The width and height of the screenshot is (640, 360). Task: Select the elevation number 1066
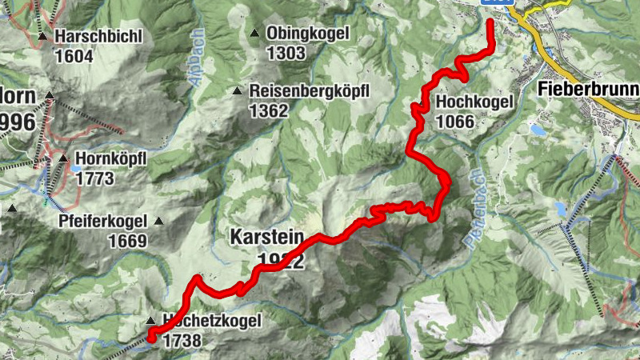pyautogui.click(x=456, y=122)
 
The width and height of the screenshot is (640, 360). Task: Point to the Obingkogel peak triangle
pyautogui.click(x=254, y=34)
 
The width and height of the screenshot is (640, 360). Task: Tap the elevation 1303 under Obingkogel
pyautogui.click(x=286, y=54)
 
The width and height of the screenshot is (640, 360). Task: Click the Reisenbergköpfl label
pyautogui.click(x=309, y=91)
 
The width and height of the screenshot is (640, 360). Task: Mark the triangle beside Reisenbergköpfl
pyautogui.click(x=237, y=91)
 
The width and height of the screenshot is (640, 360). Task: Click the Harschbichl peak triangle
pyautogui.click(x=42, y=37)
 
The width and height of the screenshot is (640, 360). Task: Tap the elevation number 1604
pyautogui.click(x=74, y=57)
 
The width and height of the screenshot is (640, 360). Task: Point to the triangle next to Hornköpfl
pyautogui.click(x=62, y=158)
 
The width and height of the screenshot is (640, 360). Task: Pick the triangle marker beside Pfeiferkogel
pyautogui.click(x=158, y=222)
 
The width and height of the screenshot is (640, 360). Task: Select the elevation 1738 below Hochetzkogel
pyautogui.click(x=181, y=340)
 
